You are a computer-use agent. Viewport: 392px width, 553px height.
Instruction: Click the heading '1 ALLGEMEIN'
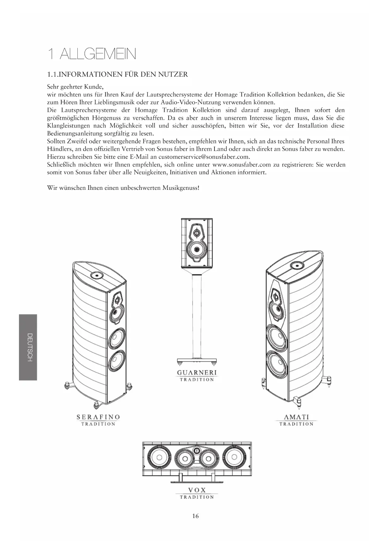coord(92,54)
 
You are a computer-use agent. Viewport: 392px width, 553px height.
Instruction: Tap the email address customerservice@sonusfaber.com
coord(204,157)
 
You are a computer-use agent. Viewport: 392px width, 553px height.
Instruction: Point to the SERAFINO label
coord(98,417)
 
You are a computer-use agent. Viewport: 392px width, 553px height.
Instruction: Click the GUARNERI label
coord(197,372)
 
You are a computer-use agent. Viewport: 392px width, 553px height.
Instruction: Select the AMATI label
coord(296,417)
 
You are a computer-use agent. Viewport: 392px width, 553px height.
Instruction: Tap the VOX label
coord(197,490)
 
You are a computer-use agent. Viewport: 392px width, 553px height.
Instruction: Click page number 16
coord(196,516)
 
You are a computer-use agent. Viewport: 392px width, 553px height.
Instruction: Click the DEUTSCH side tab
coord(28,347)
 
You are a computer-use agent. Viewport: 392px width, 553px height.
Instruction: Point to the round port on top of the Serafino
coord(96,276)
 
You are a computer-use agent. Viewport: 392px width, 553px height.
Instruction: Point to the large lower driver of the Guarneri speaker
coord(197,249)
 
